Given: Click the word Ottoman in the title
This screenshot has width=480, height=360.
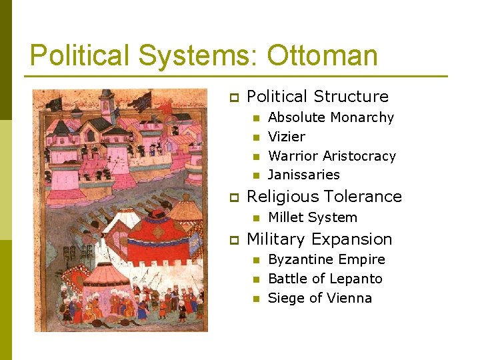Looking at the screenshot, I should tap(323, 56).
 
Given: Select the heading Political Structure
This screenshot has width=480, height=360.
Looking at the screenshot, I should tap(317, 97).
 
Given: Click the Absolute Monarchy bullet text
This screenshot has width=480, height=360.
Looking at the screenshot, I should tap(331, 117).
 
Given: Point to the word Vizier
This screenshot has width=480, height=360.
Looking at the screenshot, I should tap(286, 137).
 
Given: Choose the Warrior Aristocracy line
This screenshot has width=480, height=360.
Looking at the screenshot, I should tap(331, 156).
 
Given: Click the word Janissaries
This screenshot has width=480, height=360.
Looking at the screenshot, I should tap(303, 175).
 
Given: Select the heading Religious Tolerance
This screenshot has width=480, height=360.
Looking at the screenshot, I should tap(324, 197).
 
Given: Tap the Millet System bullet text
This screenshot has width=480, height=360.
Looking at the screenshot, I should tap(312, 217).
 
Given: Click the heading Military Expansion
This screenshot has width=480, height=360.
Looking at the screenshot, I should tap(319, 239).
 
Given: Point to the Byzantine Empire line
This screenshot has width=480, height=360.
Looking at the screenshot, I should tap(326, 259).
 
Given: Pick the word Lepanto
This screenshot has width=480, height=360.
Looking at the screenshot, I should tap(359, 279).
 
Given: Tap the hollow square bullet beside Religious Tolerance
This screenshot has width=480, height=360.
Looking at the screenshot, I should tap(234, 197).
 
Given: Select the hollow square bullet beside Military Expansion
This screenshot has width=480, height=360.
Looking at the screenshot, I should tap(234, 239).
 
